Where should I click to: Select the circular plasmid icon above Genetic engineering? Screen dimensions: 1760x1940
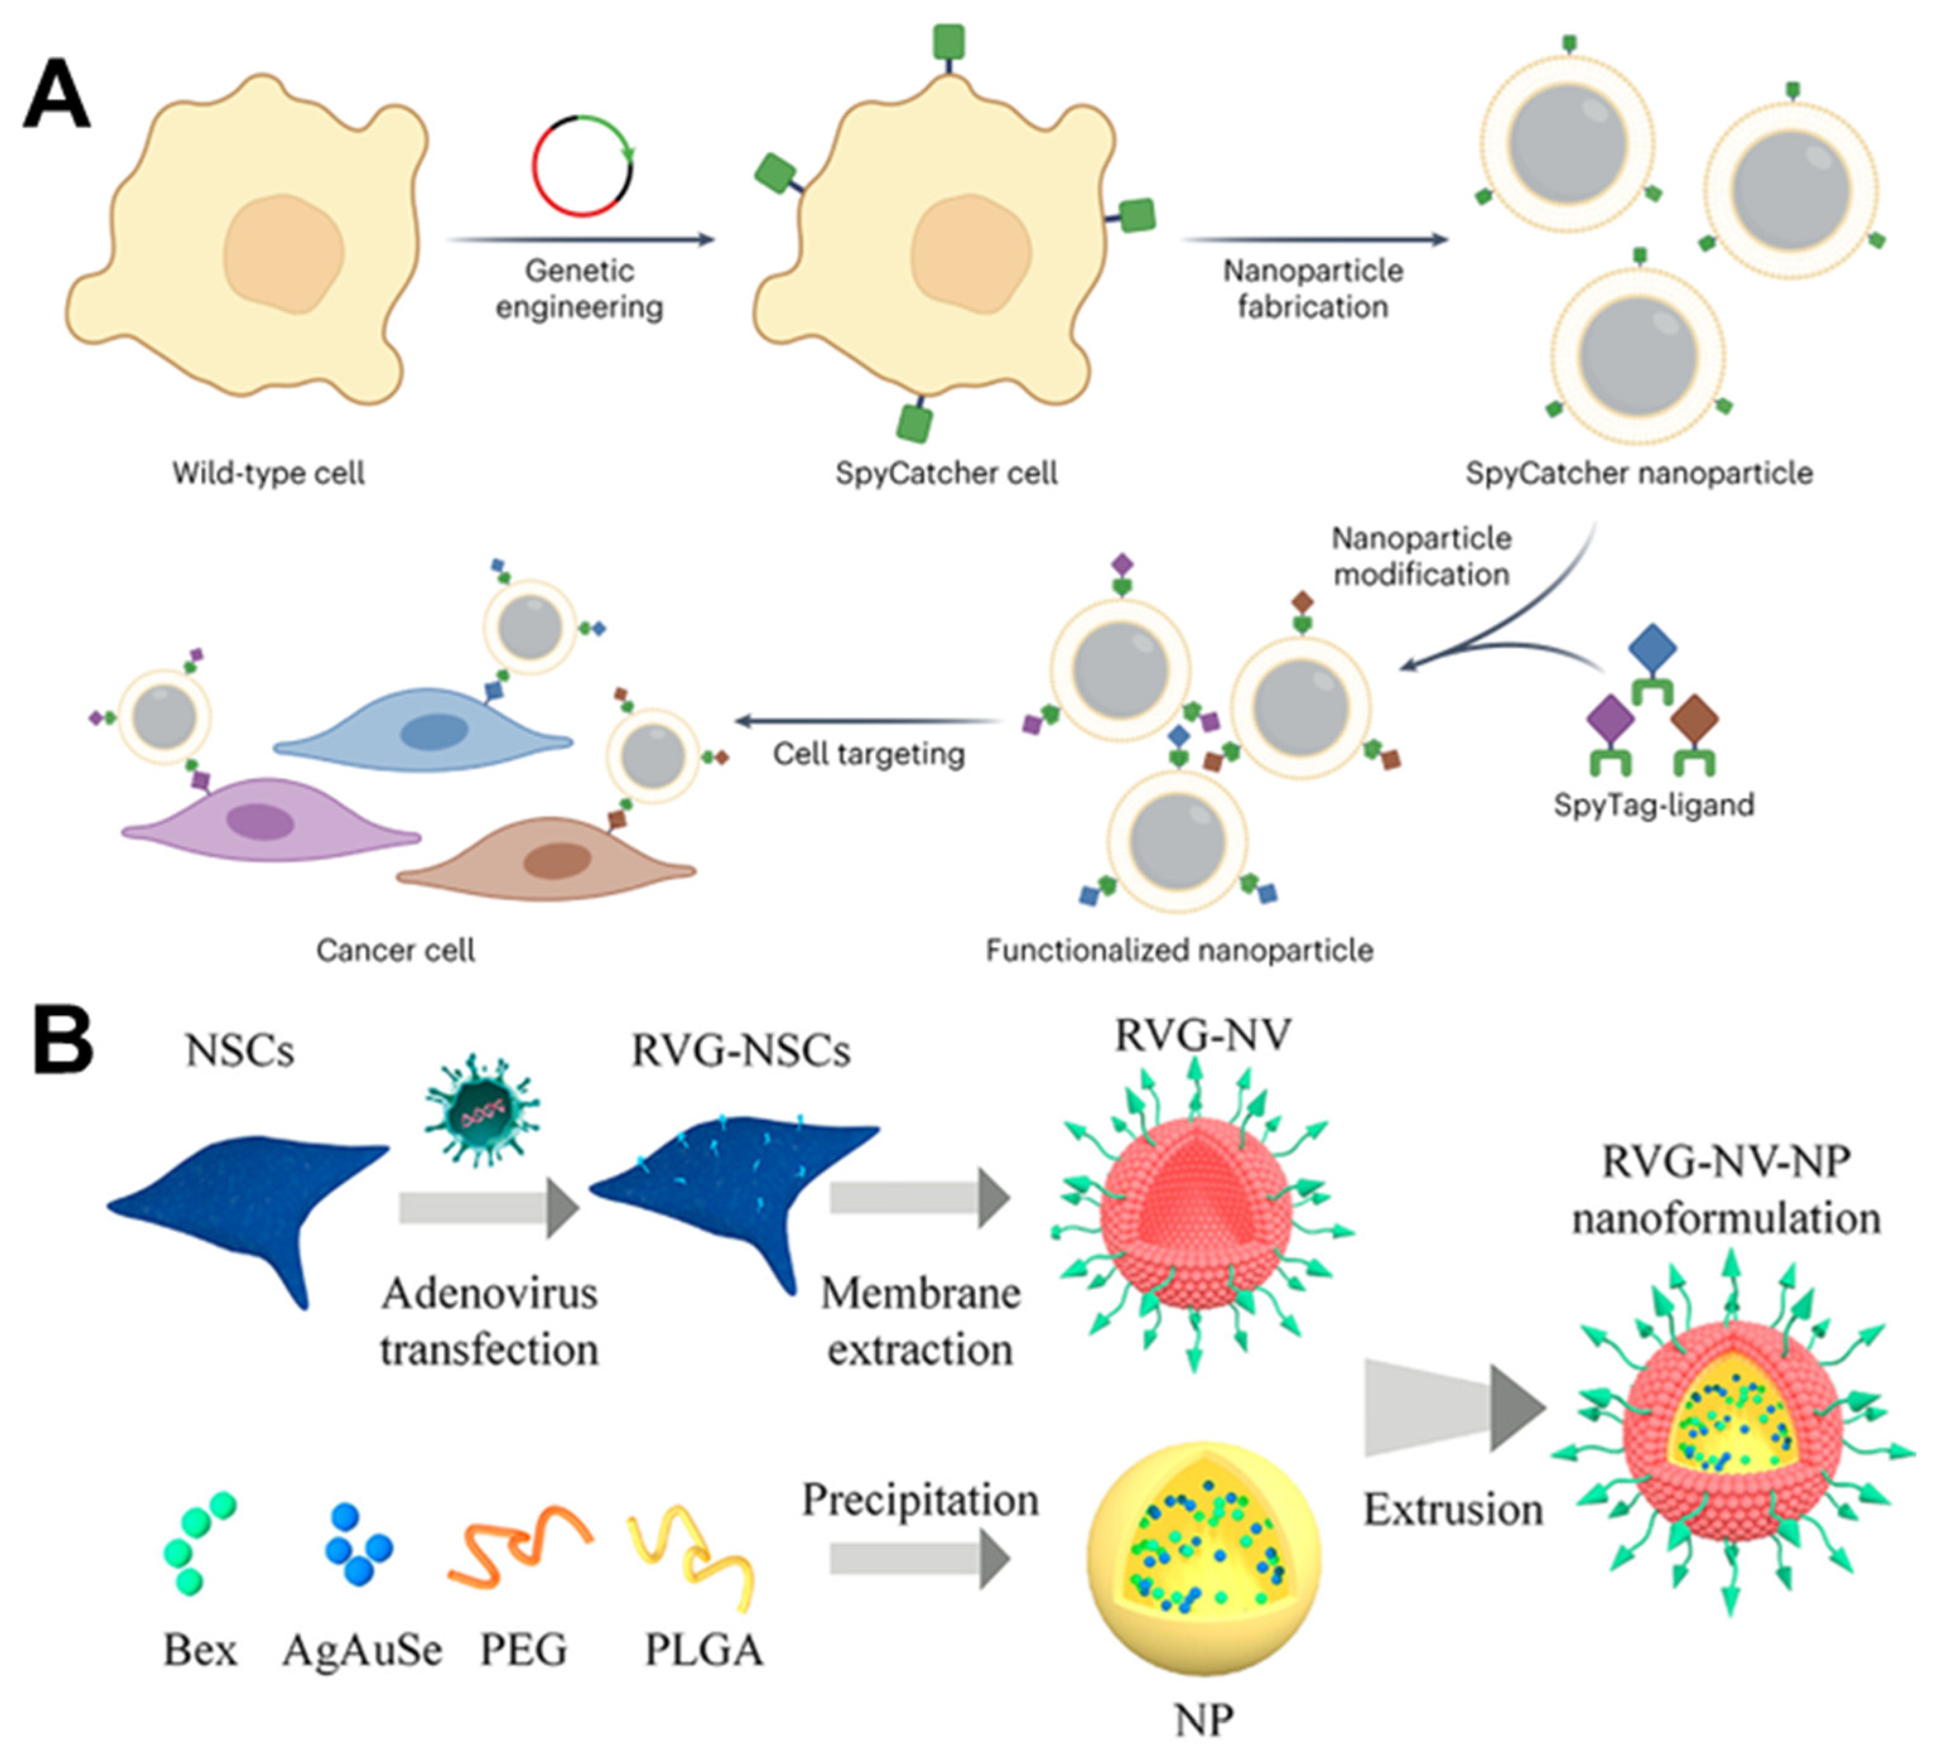tap(583, 165)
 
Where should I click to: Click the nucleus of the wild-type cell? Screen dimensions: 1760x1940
tap(284, 254)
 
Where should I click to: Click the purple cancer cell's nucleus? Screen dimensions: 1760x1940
tap(260, 823)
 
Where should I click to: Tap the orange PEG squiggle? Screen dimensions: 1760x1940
tap(520, 1544)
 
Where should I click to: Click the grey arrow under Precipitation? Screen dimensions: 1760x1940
tap(919, 1559)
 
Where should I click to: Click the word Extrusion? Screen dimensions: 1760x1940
tap(1453, 1510)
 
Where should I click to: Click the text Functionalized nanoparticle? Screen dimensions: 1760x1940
tap(1179, 951)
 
